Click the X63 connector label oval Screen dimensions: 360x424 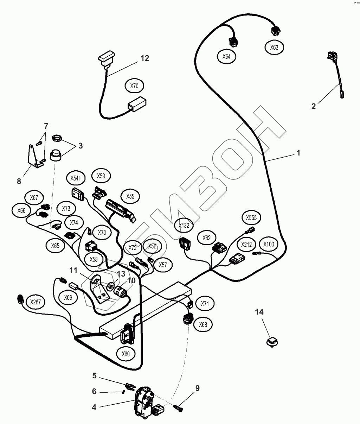[x=274, y=48]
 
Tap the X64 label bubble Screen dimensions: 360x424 [x=226, y=57]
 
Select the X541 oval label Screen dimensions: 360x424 [x=76, y=178]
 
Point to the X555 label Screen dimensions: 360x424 [x=251, y=217]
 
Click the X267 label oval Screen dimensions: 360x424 [x=36, y=302]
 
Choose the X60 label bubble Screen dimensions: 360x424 [x=126, y=354]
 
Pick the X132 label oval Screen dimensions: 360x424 [x=184, y=226]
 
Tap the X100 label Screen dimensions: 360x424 [x=269, y=244]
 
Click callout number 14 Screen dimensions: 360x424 [x=259, y=312]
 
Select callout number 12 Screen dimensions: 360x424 [x=145, y=58]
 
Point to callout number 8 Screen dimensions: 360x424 [x=19, y=181]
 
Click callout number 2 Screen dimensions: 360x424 [x=314, y=106]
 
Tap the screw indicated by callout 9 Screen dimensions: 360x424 [x=178, y=408]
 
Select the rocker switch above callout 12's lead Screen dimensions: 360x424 [x=107, y=59]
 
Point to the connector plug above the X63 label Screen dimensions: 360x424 [x=276, y=31]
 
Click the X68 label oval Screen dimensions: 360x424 [x=203, y=324]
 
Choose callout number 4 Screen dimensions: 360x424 [x=94, y=407]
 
